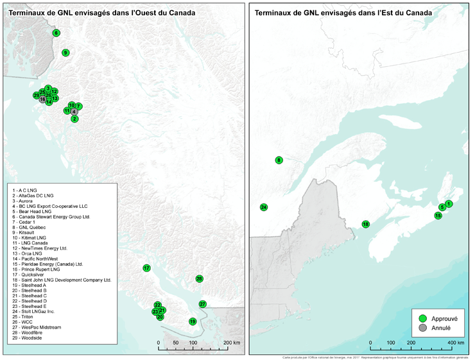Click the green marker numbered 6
click(x=56, y=33)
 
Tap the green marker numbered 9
click(x=65, y=53)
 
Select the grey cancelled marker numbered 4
click(x=74, y=112)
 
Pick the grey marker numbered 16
click(x=42, y=99)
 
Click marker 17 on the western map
click(x=146, y=268)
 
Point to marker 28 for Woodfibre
click(x=199, y=279)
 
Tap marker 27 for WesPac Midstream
click(x=202, y=304)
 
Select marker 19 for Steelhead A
click(x=192, y=321)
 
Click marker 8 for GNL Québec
click(x=279, y=160)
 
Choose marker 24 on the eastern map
click(x=264, y=207)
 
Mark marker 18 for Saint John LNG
click(x=365, y=225)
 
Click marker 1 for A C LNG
click(x=449, y=204)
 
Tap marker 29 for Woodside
click(x=37, y=96)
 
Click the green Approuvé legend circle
click(x=422, y=318)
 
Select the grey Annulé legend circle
click(x=422, y=327)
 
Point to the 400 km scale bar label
click(x=451, y=344)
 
